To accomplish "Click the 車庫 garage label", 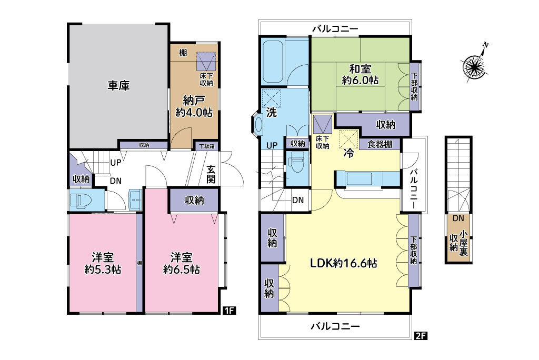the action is (118, 85).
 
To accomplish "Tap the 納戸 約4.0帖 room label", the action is (194, 106).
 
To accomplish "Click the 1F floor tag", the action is (229, 311).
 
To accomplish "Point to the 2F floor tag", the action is (421, 335).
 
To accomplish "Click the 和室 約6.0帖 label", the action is (360, 74).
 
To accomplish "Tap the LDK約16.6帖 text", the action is (344, 263).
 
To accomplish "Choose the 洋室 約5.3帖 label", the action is (103, 263).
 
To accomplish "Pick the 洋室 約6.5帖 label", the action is (182, 263).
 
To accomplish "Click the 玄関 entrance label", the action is (211, 174).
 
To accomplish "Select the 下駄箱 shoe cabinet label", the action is (207, 146).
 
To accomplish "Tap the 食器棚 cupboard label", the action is (380, 144).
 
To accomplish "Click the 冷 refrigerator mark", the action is (348, 153).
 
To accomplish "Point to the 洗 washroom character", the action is (272, 113).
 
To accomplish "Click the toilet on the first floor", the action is (78, 200).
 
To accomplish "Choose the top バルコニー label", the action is (335, 29).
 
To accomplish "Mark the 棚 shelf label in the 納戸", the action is (183, 53).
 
